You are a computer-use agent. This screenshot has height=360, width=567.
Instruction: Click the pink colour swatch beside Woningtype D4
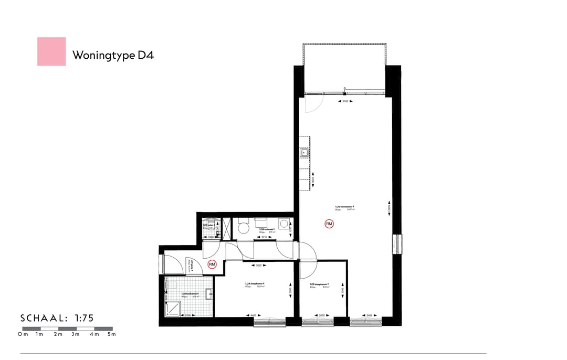tap(51, 51)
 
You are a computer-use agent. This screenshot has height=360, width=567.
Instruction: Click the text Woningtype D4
tap(113, 55)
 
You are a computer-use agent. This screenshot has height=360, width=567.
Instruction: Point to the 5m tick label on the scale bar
tap(111, 334)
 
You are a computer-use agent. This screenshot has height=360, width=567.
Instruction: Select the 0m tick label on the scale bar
tap(23, 334)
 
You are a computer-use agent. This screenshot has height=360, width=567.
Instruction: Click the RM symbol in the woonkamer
tap(329, 224)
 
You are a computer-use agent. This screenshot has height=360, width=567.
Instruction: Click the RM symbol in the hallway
tap(212, 264)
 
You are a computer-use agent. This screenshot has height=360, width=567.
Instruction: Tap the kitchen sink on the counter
tap(304, 153)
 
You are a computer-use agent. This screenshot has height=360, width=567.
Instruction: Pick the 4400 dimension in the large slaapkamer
tap(253, 315)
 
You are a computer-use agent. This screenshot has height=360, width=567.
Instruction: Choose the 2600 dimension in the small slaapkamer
tap(321, 315)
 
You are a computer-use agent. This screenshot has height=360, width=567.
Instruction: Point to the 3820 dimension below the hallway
tap(258, 266)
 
